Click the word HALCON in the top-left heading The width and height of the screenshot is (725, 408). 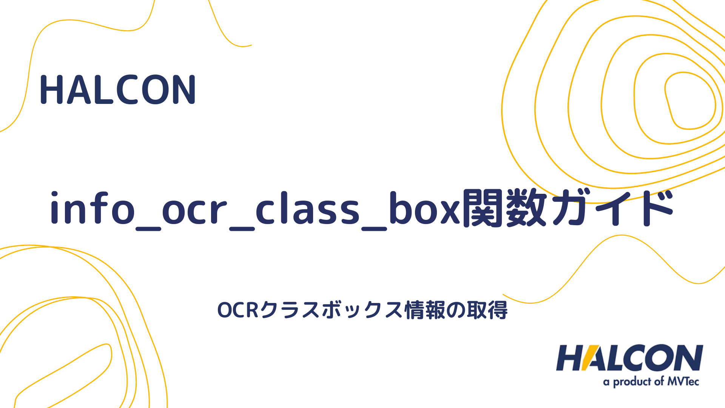(x=117, y=90)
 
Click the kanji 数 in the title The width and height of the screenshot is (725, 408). (x=526, y=209)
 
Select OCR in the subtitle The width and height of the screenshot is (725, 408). (x=238, y=311)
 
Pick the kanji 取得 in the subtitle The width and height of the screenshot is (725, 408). (x=487, y=311)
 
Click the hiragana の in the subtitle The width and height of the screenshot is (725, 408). (x=456, y=311)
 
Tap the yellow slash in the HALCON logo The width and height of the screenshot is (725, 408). (x=590, y=358)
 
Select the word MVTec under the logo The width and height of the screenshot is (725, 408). (x=683, y=382)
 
